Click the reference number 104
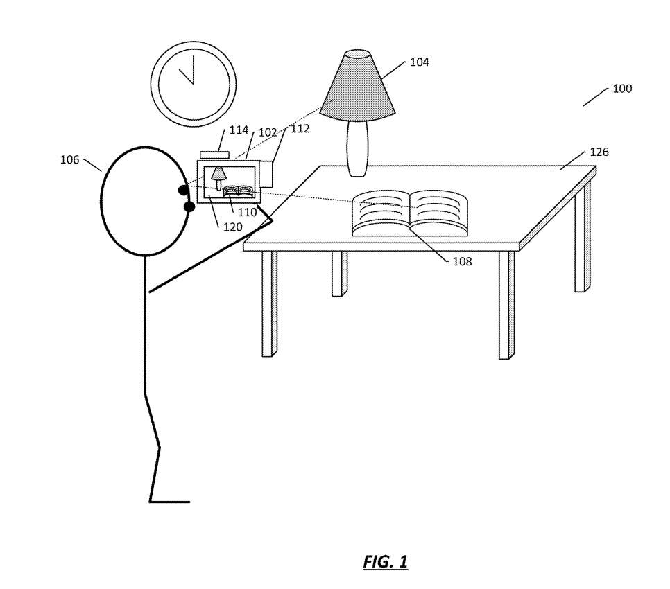(x=419, y=62)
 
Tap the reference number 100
(x=621, y=89)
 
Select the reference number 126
(x=599, y=152)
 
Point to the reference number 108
(x=462, y=261)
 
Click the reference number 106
(x=69, y=160)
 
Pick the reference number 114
(x=239, y=130)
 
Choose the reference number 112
(x=300, y=129)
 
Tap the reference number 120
(x=232, y=227)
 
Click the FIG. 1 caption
(x=385, y=561)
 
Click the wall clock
(x=194, y=84)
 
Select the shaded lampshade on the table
(x=357, y=87)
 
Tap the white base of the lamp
(x=357, y=148)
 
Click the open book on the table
(x=409, y=213)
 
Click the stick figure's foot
(x=169, y=501)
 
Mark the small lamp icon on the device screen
(x=219, y=177)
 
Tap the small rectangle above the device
(x=214, y=155)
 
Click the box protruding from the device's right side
(x=266, y=174)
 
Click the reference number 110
(x=247, y=213)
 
